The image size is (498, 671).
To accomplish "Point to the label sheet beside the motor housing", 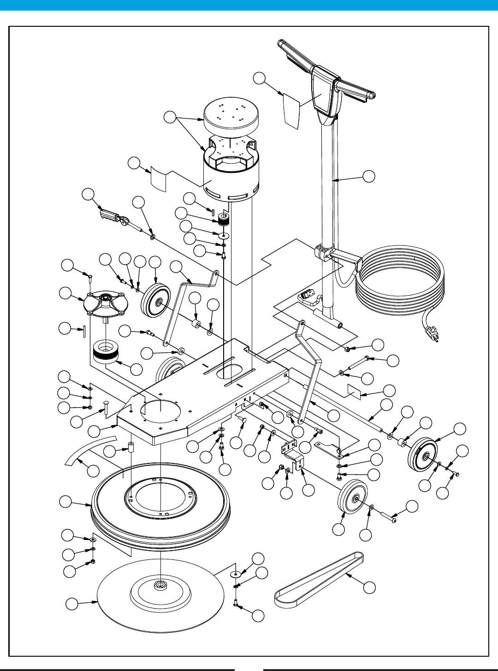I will tap(159, 179).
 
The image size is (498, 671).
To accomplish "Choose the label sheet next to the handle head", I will tap(291, 110).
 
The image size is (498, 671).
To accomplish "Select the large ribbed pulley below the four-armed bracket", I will tap(106, 352).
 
